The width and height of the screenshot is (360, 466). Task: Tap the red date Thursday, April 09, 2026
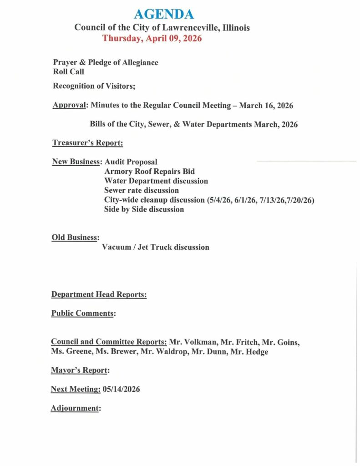(152, 38)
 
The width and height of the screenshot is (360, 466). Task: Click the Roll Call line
(68, 71)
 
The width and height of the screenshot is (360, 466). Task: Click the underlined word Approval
(70, 106)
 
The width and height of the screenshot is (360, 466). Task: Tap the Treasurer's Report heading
(87, 143)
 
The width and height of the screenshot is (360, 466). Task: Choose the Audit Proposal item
(131, 162)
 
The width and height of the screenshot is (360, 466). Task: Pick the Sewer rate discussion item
(141, 190)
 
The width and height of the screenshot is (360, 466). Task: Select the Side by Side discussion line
(144, 209)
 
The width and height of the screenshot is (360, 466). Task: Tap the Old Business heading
(75, 238)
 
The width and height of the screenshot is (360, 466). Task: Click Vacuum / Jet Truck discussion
(155, 247)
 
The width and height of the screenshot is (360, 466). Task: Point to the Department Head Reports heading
(99, 294)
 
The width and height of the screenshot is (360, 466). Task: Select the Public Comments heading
(83, 313)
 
